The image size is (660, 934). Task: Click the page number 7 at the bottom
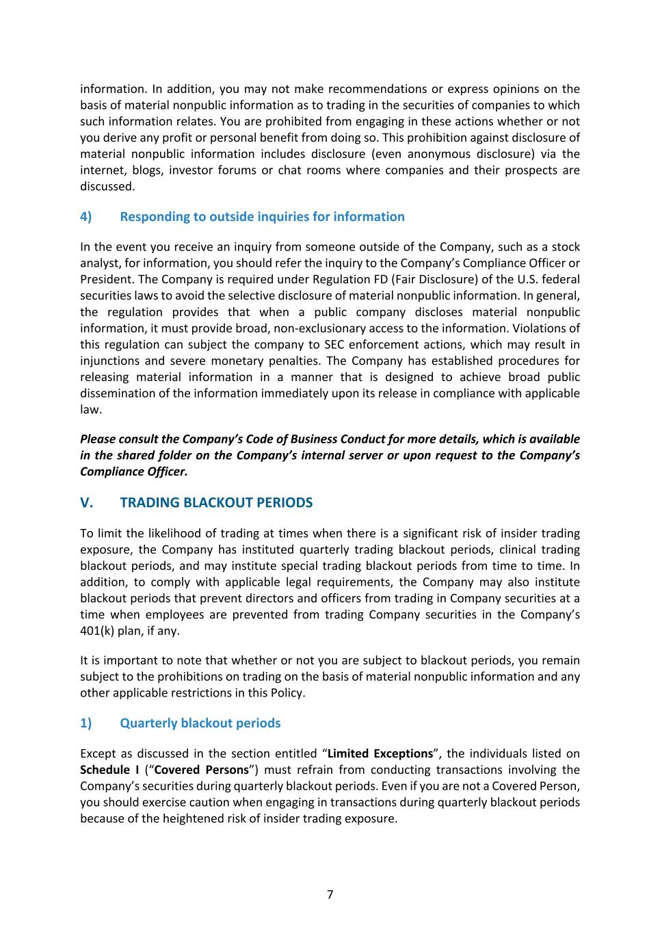pos(330,894)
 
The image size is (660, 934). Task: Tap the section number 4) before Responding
pos(85,217)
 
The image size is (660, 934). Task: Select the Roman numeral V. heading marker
pos(87,503)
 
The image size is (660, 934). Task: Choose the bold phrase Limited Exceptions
pos(380,754)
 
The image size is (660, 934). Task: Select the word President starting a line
pos(107,279)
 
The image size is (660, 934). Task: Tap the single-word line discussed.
pos(107,186)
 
